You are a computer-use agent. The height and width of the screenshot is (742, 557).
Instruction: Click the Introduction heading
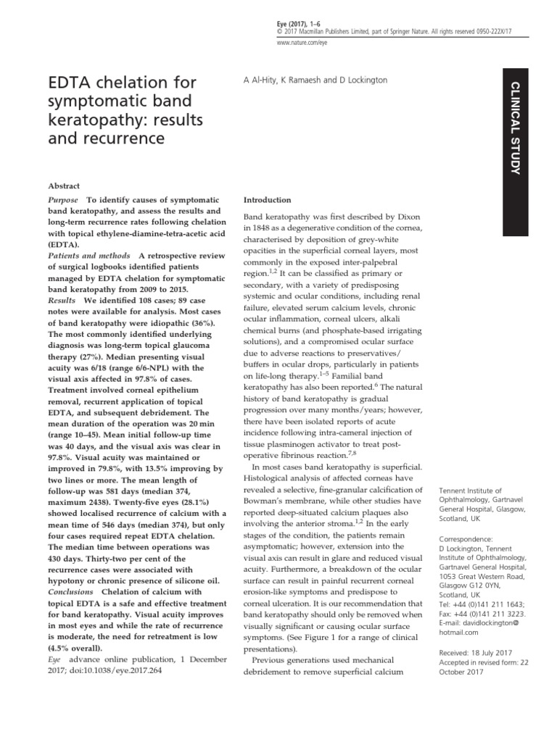coord(267,200)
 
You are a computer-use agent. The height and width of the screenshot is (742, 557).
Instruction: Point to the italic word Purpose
coord(62,199)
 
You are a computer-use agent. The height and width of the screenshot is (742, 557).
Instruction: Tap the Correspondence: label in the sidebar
coord(465,539)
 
